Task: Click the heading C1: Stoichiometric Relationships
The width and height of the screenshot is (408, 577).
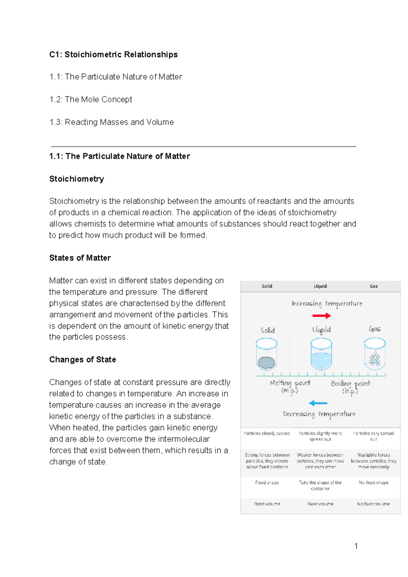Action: (x=113, y=54)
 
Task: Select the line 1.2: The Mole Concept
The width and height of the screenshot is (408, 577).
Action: (x=91, y=99)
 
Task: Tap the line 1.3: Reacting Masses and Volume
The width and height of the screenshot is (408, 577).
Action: (x=112, y=122)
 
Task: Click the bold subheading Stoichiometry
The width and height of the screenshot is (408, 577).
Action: (x=76, y=179)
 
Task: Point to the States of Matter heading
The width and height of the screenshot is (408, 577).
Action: (x=80, y=258)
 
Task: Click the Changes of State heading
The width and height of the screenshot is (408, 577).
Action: (x=83, y=359)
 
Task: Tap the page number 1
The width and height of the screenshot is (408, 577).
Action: (x=356, y=546)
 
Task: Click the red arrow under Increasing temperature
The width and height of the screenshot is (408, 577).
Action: (x=321, y=316)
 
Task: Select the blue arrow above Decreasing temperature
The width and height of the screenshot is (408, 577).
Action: (x=318, y=403)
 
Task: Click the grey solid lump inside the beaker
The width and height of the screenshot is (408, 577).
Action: (x=266, y=363)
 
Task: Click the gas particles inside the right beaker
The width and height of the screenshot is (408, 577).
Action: (x=375, y=359)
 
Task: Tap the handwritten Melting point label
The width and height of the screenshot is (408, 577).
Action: (x=290, y=386)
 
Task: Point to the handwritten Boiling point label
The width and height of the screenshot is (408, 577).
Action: (x=350, y=386)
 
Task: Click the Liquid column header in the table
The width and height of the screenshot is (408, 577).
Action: (x=320, y=286)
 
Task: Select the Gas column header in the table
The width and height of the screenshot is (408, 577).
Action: (x=374, y=286)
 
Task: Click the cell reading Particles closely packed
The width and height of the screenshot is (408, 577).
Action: (x=267, y=434)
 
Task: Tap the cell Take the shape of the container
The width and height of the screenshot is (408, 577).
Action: (x=320, y=485)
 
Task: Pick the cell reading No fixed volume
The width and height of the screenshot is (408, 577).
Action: (x=373, y=504)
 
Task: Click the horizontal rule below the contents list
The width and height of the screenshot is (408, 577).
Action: (x=203, y=146)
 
